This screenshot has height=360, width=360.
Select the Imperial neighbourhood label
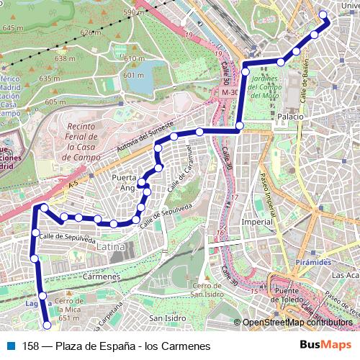pyautogui.click(x=257, y=222)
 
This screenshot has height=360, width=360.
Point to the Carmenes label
pyautogui.click(x=101, y=276)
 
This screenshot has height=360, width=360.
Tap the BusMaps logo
pyautogui.click(x=326, y=345)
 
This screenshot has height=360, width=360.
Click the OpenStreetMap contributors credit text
pyautogui.click(x=297, y=323)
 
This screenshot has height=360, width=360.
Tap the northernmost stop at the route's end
pyautogui.click(x=323, y=15)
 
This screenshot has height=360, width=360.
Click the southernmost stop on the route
pyautogui.click(x=48, y=325)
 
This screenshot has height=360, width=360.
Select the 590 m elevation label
pyautogui.click(x=133, y=13)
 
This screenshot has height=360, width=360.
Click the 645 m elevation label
pyautogui.click(x=13, y=27)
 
